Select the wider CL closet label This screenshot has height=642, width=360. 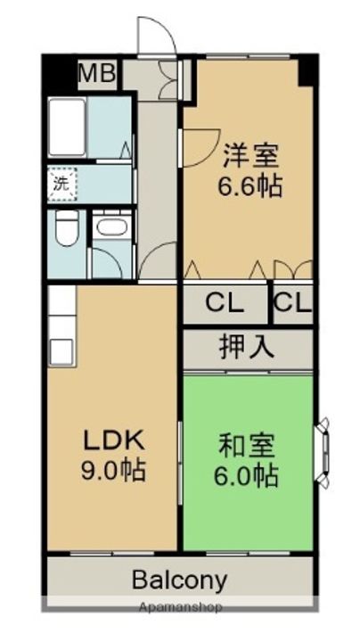click(x=225, y=304)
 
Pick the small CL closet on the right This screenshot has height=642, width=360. click(x=292, y=304)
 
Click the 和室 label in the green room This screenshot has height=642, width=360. click(x=247, y=444)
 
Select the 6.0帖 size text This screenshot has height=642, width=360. click(x=247, y=473)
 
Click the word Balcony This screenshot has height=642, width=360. click(x=179, y=580)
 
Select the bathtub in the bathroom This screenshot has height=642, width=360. click(x=66, y=128)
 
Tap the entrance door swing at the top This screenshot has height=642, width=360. click(x=154, y=37)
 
